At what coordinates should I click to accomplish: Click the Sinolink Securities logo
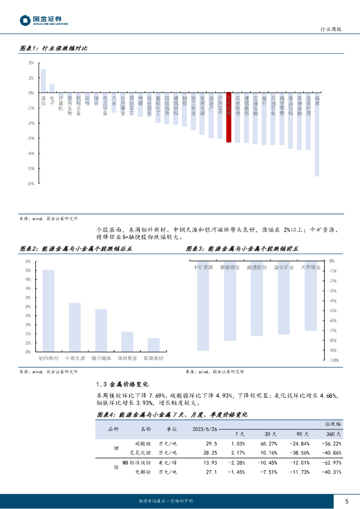[44, 20]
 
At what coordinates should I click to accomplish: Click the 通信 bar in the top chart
[43, 81]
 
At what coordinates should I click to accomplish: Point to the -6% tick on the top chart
[31, 183]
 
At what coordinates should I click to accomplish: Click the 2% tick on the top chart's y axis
[31, 63]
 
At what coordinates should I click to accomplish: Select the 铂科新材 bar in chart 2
[49, 311]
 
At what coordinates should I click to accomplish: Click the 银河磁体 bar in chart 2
[101, 330]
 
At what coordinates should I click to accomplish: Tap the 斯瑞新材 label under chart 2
[154, 358]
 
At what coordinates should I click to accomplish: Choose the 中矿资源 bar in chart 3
[203, 306]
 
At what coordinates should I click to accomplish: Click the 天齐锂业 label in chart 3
[311, 267]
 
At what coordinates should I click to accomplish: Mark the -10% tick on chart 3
[334, 360]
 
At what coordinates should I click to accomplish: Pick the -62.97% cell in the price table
[331, 463]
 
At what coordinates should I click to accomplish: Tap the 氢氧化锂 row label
[140, 453]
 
